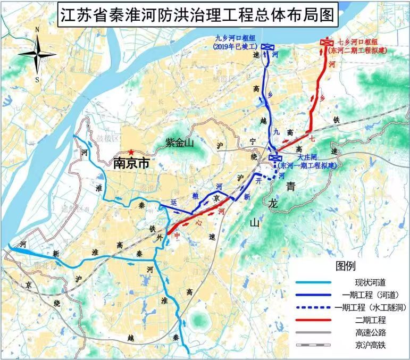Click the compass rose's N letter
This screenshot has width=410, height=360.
tap(37, 30)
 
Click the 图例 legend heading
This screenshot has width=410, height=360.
tap(345, 266)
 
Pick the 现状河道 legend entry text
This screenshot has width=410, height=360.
tap(371, 282)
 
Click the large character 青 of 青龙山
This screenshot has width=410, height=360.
tap(291, 186)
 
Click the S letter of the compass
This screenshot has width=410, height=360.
tap(37, 80)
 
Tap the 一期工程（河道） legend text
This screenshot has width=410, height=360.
tap(371, 295)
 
